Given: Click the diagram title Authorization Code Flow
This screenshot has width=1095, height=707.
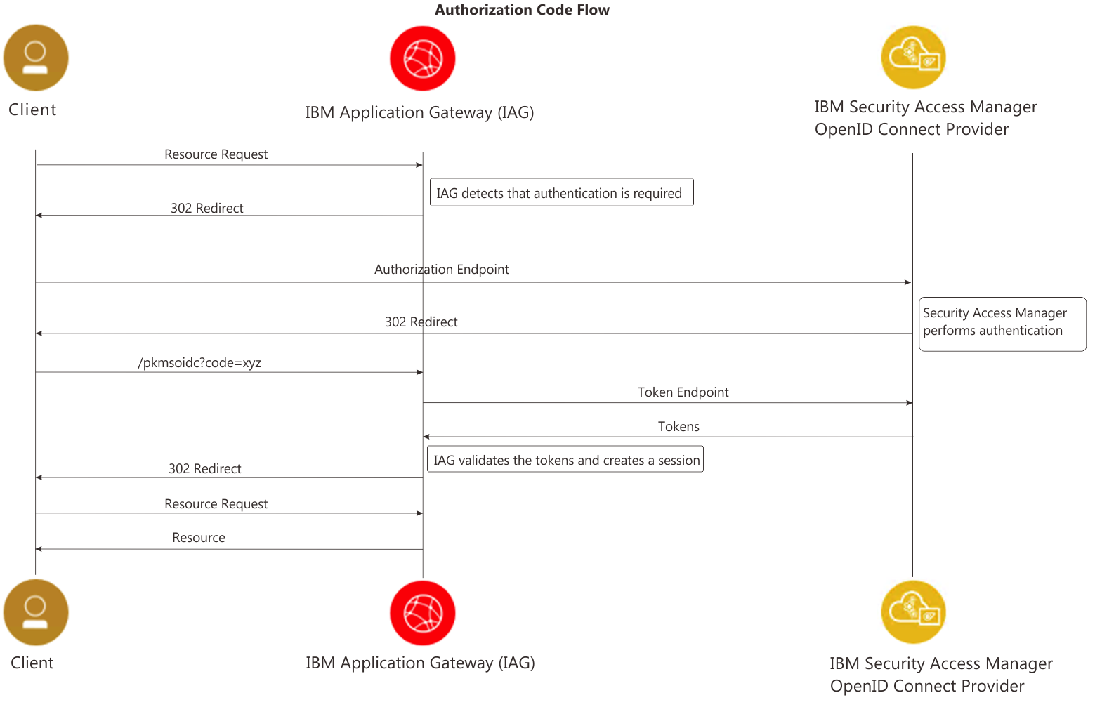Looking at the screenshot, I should point(522,10).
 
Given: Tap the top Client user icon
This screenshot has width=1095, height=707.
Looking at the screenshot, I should point(36,58).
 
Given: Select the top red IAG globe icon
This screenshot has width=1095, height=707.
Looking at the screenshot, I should point(422,58).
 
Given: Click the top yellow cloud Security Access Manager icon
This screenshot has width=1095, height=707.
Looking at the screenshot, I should point(913,58).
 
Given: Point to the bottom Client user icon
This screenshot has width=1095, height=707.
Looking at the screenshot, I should point(36,612).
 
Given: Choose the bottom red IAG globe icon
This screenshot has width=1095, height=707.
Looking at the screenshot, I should point(422,612).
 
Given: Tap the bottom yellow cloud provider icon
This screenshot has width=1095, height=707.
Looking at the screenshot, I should point(913,612).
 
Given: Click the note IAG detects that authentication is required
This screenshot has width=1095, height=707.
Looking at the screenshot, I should point(561,192).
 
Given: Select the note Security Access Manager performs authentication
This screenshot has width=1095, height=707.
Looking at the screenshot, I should point(1002,323).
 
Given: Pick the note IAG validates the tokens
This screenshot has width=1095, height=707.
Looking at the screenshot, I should point(565,460).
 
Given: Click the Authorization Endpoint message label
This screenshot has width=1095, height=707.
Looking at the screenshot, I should point(441,270).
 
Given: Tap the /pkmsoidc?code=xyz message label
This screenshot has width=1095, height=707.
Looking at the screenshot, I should point(199,363).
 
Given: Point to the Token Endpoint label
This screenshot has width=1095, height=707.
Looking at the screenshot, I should point(683,392).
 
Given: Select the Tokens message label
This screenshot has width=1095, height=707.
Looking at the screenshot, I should point(678,427).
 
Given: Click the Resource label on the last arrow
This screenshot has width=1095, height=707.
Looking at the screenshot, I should point(199,538).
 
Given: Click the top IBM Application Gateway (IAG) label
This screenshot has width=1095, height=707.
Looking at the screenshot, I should point(419,112).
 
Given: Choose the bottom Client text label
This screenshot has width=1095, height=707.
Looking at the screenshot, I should point(32,663).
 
